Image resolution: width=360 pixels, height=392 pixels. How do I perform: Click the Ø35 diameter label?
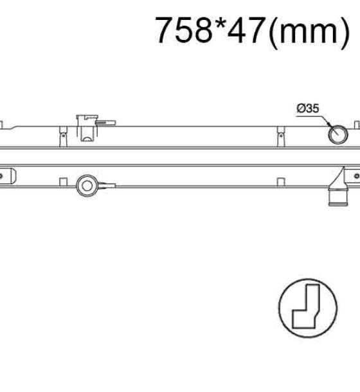[x=308, y=109]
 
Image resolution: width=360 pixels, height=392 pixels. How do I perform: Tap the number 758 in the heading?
[x=184, y=30]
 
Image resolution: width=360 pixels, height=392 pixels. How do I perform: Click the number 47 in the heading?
[x=246, y=30]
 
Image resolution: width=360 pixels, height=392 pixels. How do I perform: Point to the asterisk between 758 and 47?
[x=219, y=23]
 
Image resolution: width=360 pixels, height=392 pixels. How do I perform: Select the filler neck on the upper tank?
[x=87, y=128]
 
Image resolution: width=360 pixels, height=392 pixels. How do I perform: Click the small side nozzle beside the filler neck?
[x=105, y=123]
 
